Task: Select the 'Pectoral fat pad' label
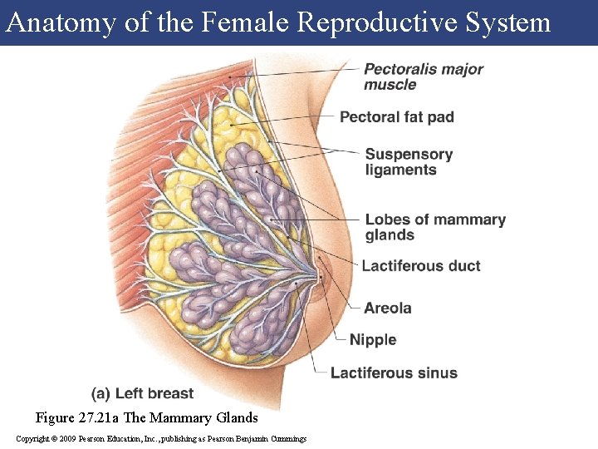pos(396,117)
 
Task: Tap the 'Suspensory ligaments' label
pos(409,161)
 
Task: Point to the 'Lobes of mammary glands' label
pos(435,227)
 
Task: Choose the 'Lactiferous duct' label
pos(421,266)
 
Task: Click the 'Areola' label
pos(387,308)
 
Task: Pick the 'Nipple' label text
pos(373,340)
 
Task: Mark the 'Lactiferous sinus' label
pos(394,373)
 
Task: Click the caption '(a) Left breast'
pos(142,393)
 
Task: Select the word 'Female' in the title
pos(245,22)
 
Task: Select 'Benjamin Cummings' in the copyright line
pos(274,438)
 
